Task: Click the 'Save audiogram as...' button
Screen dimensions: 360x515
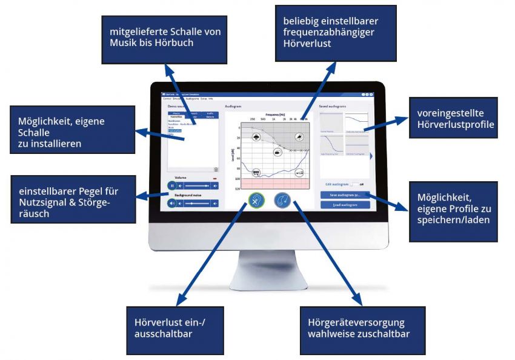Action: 345,195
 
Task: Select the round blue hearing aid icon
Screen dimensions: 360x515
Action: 282,201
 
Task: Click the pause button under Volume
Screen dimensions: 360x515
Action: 172,185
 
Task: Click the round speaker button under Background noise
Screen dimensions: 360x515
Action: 172,203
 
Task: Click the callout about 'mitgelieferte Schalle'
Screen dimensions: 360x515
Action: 161,39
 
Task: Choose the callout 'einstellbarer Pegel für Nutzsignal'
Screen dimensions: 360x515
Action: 73,198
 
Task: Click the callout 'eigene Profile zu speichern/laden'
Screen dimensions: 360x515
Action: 453,210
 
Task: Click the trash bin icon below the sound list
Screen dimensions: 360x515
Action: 216,169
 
